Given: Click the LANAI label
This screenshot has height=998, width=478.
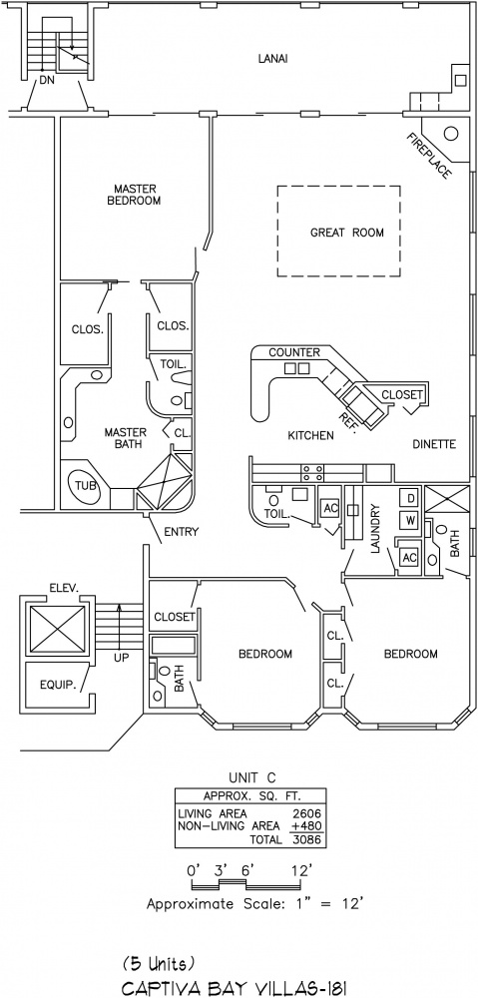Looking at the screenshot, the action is (x=273, y=59).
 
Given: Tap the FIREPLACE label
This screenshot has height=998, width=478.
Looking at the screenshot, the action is (x=429, y=156).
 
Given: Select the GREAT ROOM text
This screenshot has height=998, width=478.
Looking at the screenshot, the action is (x=347, y=233).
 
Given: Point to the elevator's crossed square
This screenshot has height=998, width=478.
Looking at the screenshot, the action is (x=58, y=629).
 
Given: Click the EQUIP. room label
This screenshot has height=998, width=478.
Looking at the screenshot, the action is (x=58, y=686).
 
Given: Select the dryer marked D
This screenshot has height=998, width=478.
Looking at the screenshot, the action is (x=410, y=496).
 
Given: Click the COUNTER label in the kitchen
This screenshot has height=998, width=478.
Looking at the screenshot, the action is (x=294, y=352).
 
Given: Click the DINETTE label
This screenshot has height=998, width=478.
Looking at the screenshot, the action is (x=434, y=444).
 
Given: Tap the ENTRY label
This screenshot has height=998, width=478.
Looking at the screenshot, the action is (x=182, y=532).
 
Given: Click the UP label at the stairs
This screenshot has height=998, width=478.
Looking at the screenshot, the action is (x=121, y=658).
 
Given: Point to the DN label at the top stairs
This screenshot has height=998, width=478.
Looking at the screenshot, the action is (x=47, y=80).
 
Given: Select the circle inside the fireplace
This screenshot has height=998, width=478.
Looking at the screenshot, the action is (x=451, y=134).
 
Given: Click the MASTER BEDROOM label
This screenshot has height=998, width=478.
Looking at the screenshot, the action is (x=137, y=195).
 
